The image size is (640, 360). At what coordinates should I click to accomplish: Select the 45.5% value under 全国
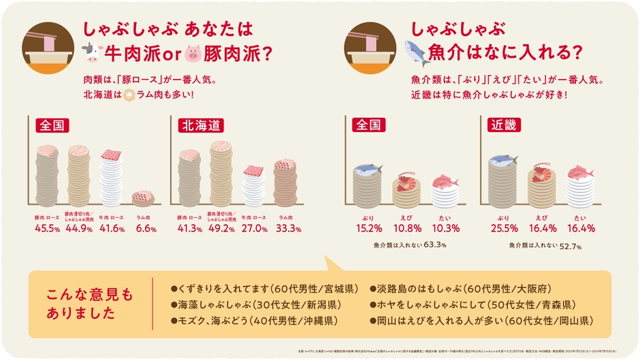pos(48,229)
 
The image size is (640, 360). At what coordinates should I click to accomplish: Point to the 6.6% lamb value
pos(144,229)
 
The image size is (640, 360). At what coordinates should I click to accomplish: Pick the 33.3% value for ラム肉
pos(285,229)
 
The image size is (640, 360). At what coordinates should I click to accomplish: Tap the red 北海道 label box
pos(200,125)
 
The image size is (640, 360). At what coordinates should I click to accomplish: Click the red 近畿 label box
pos(502,125)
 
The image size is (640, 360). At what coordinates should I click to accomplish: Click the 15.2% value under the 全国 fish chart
pos(367,228)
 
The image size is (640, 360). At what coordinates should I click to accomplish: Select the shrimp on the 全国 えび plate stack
pos(405,178)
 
